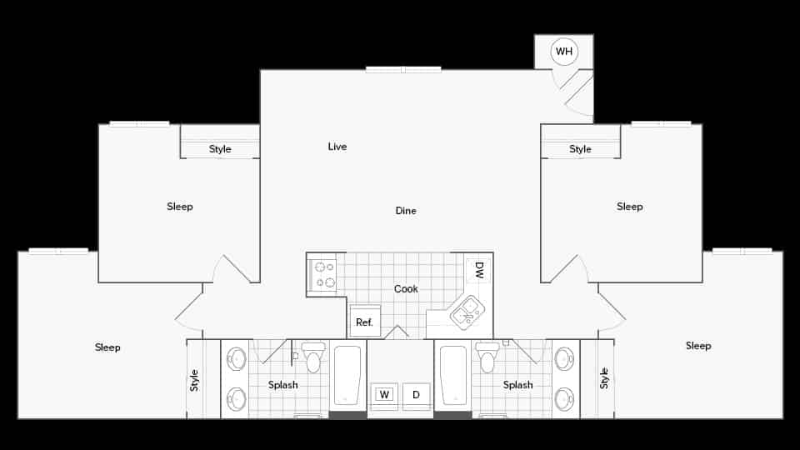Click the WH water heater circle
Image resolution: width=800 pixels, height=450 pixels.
[564, 52]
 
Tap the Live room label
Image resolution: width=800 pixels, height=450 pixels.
[337, 147]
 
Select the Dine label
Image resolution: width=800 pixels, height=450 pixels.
[406, 211]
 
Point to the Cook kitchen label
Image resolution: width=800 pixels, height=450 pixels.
[406, 288]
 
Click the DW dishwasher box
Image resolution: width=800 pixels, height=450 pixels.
[479, 270]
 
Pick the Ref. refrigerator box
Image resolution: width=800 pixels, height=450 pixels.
[364, 322]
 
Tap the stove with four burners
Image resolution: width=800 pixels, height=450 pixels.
[322, 275]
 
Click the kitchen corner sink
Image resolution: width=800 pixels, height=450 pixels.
[467, 312]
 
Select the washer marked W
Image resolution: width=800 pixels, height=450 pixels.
[384, 395]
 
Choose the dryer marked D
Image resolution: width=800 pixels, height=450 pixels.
[416, 395]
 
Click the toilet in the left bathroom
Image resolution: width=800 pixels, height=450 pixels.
[313, 357]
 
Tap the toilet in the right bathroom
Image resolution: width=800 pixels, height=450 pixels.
[487, 357]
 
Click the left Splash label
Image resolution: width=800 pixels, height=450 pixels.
[283, 385]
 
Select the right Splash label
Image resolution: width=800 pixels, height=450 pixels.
[517, 385]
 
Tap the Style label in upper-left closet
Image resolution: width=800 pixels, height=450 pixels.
[220, 149]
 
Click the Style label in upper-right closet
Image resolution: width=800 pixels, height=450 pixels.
[580, 149]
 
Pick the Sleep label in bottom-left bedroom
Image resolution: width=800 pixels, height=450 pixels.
[107, 347]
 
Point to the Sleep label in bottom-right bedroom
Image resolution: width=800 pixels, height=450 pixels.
[698, 346]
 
